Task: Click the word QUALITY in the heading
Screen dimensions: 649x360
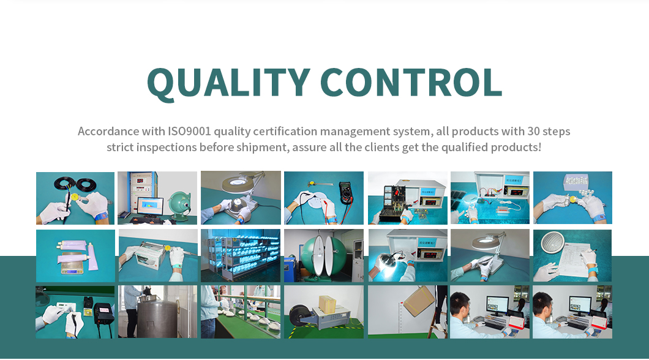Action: [228, 83]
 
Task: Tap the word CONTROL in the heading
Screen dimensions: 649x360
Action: [411, 82]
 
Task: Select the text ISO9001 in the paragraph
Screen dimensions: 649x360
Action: [189, 131]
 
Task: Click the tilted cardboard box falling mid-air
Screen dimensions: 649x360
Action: [419, 301]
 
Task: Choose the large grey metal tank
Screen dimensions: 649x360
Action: [157, 317]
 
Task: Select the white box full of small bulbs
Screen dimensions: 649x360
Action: [576, 182]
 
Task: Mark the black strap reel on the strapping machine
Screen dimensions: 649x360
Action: [299, 316]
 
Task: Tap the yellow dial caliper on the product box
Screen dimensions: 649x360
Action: [168, 249]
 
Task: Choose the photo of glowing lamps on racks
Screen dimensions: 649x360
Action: [241, 256]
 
